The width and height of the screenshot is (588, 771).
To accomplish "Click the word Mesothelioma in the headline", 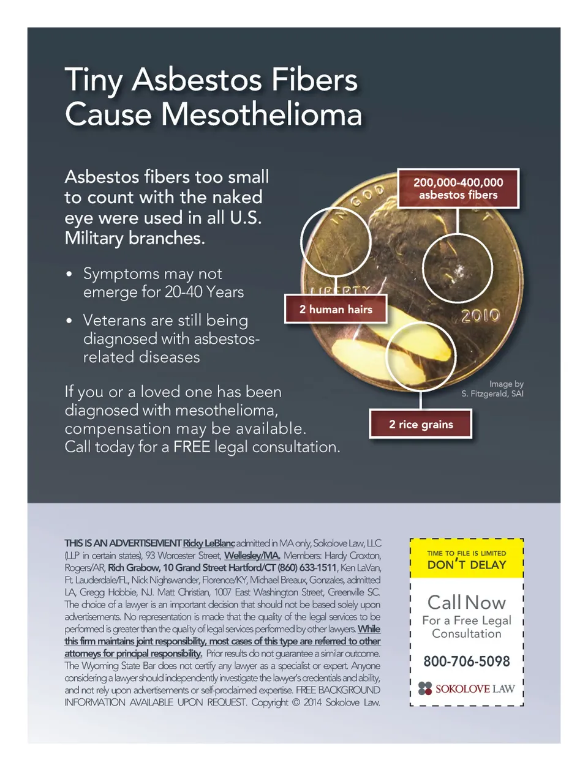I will pos(261,114).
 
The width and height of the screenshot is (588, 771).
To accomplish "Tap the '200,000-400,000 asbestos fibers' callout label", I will pos(458,188).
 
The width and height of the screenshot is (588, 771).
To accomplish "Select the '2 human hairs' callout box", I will pos(336,309).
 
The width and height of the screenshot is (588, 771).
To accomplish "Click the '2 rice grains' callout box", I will pos(421,424).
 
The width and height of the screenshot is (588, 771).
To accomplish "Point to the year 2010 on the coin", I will pos(480,316).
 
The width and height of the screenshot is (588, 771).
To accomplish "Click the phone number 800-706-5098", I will pos(466,661).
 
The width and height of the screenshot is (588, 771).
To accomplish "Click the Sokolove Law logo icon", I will pos(425,688).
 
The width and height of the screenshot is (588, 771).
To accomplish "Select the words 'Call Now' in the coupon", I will pos(467,602).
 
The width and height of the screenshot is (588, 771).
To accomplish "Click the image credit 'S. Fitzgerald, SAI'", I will pos(492,393).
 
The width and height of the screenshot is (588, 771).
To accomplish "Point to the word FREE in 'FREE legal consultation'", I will pos(191,447).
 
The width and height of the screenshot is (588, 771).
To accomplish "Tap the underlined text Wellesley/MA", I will pos(252,555).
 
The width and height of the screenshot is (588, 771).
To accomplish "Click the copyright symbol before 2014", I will pos(296,702).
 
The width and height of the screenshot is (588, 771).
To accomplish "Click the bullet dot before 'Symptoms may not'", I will pos(69,274).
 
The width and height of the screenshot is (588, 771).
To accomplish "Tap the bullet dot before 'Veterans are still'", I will pos(69,321).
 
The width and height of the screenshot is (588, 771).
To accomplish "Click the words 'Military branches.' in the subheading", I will pos(135,238).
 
